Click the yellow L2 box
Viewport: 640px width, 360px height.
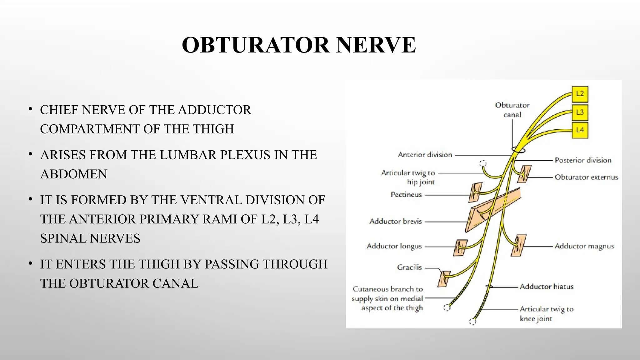point(580,94)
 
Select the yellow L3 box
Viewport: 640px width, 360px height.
point(580,112)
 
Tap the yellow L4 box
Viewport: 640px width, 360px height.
point(580,130)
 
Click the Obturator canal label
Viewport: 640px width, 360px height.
point(512,110)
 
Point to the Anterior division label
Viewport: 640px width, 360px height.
point(425,155)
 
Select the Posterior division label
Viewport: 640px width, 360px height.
point(583,160)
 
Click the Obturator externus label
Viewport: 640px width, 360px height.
point(586,177)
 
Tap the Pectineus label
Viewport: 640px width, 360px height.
point(406,195)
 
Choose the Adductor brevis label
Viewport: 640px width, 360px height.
point(395,221)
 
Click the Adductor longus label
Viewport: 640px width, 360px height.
point(394,246)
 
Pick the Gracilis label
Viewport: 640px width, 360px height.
point(409,267)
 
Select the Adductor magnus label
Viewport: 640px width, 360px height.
point(584,246)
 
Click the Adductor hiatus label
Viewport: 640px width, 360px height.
point(547,287)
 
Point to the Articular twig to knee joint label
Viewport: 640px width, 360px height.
point(546,313)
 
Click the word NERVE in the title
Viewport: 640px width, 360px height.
point(376,45)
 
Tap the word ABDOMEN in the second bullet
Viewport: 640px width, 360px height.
point(74,174)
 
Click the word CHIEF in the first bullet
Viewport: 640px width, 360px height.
point(59,110)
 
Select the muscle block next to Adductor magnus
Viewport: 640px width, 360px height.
point(519,246)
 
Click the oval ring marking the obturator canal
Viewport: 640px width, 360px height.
point(518,150)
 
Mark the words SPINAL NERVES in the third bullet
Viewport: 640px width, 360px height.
point(90,238)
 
